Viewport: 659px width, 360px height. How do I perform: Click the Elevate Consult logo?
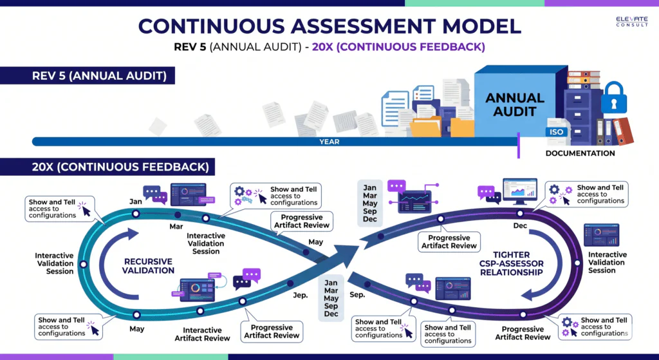coord(632,21)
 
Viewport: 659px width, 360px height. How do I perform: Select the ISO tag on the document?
coord(556,131)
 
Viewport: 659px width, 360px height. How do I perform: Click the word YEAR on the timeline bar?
coord(329,142)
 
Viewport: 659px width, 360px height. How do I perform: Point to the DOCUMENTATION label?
coord(580,153)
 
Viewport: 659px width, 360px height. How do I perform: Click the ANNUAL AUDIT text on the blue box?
coord(515,105)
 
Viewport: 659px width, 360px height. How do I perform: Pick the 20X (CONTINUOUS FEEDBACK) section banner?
coord(107,167)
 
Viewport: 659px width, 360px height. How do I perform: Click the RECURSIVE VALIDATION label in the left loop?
coord(148,266)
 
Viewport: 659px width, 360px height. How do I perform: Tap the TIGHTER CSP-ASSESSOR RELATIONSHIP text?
coord(512,263)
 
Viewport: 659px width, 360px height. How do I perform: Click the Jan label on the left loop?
coord(135,202)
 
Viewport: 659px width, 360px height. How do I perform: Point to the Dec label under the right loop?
coord(520,226)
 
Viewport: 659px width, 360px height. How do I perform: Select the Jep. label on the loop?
coord(301,295)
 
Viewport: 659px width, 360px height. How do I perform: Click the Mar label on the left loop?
coord(176,227)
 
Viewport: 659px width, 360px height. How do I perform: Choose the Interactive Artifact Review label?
coord(202,334)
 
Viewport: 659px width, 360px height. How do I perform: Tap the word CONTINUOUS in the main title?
coord(211,26)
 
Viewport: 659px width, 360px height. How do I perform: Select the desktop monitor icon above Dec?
coord(520,192)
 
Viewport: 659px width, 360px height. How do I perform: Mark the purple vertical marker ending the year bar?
coord(519,146)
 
